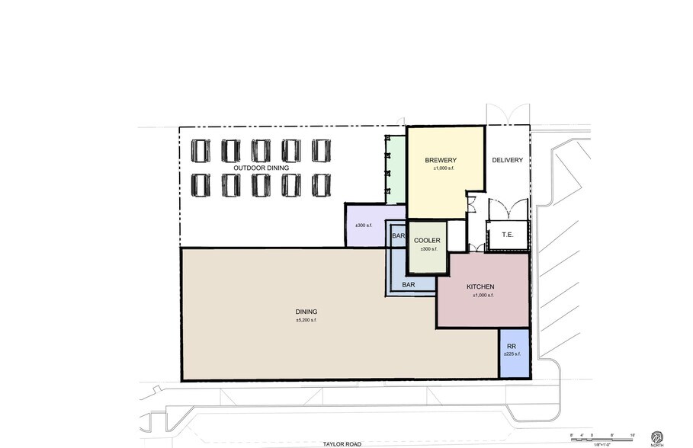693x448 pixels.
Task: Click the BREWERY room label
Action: tap(441, 160)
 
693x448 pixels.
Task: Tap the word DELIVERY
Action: tap(507, 160)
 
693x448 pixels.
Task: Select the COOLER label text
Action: tap(426, 240)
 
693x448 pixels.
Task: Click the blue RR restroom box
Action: tap(513, 353)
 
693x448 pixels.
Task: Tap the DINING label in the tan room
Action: tap(306, 312)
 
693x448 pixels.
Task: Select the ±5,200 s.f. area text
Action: tap(306, 321)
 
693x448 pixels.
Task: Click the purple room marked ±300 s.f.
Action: tap(364, 226)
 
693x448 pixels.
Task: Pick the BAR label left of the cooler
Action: tap(398, 237)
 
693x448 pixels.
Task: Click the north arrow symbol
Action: tap(656, 437)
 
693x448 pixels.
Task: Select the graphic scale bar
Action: tap(602, 437)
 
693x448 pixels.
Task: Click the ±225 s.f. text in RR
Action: tap(512, 354)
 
